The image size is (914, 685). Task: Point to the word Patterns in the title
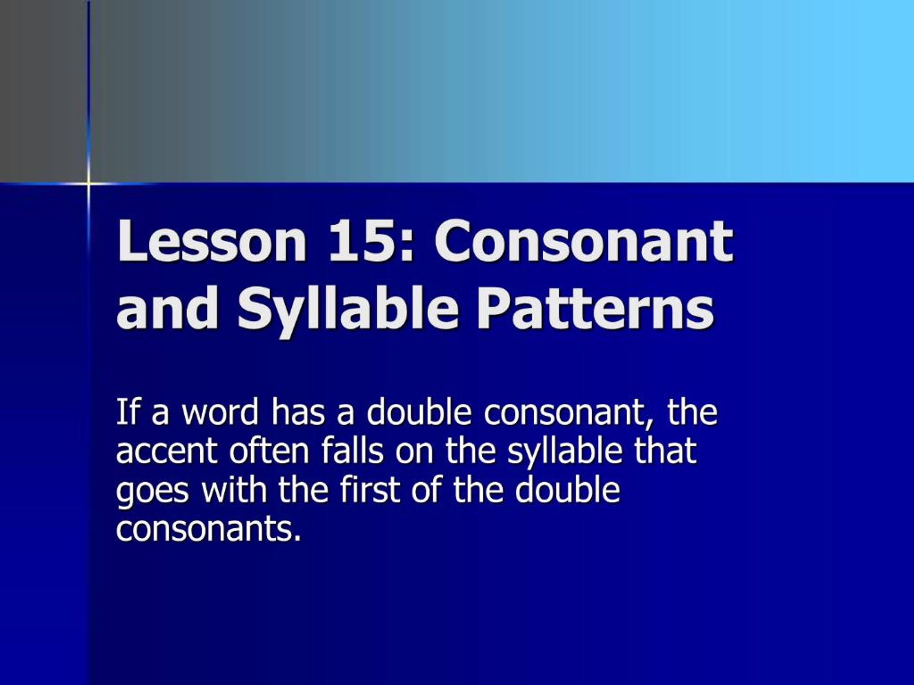(x=596, y=309)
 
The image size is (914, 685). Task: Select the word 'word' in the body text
(x=220, y=412)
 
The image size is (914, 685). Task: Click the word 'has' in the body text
(x=298, y=412)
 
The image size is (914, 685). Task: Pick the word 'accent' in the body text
(x=166, y=451)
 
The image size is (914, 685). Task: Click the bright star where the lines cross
(x=89, y=183)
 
